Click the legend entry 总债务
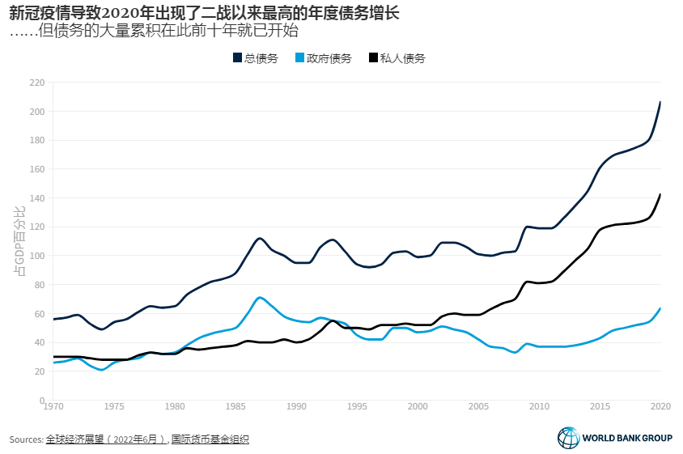pos(256,58)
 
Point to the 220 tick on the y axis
pos(36,83)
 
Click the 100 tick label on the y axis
pos(36,256)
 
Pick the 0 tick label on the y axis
pos(41,401)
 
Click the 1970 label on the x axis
pos(53,407)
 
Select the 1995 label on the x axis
pos(358,407)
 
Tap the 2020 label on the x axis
pos(661,407)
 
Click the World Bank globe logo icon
pos(568,438)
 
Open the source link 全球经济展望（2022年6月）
pos(104,439)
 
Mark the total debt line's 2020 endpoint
pos(660,102)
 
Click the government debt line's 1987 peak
pos(259,297)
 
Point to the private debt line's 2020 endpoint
pos(660,194)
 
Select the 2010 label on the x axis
pos(540,407)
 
